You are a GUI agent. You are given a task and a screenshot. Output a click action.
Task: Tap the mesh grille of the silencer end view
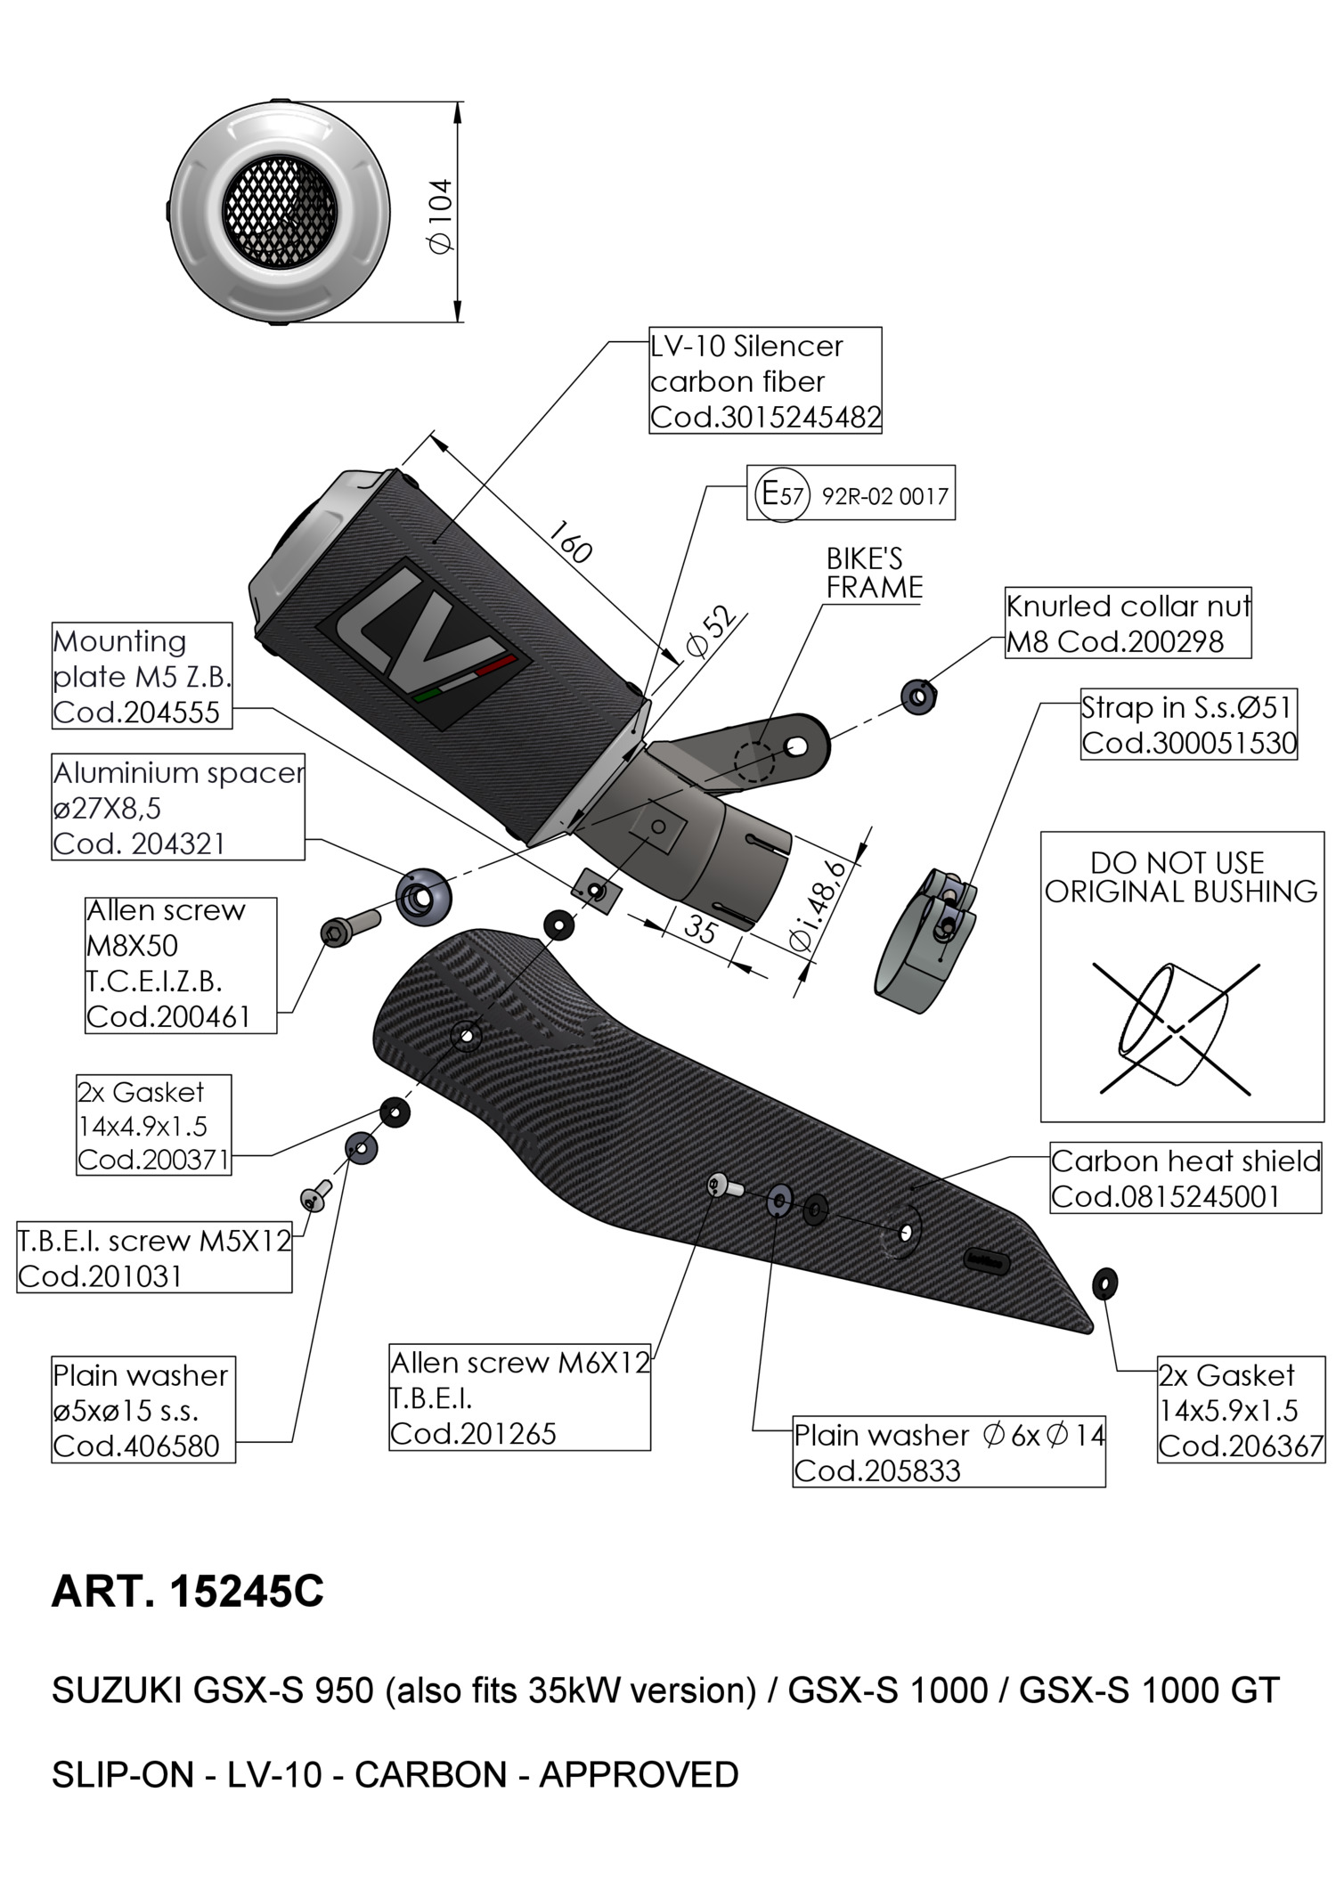click(279, 210)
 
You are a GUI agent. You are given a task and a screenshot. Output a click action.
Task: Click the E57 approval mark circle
click(781, 493)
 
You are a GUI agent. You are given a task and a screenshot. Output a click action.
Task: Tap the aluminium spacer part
click(422, 896)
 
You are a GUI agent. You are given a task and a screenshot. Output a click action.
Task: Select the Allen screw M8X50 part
click(347, 927)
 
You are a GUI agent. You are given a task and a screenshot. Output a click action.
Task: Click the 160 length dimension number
click(570, 542)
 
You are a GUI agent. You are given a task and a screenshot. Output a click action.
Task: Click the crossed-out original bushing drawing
click(1177, 1028)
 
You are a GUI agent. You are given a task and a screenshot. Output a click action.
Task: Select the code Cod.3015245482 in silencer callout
click(765, 417)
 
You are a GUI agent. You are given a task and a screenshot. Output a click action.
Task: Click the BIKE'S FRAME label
click(874, 573)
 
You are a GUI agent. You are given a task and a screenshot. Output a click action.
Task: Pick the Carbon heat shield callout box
click(1185, 1177)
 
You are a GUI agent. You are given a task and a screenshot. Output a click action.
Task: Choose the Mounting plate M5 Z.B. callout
click(142, 676)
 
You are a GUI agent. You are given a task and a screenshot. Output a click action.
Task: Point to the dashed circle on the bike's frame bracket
click(754, 762)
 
